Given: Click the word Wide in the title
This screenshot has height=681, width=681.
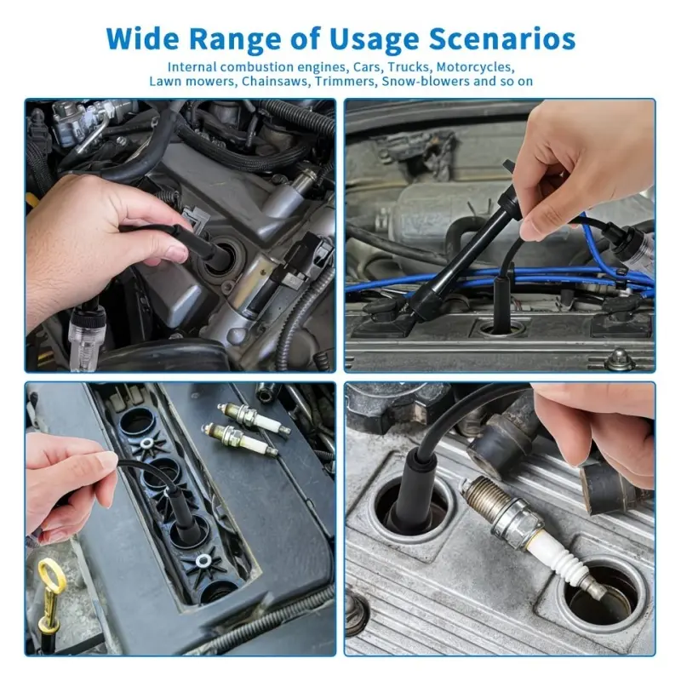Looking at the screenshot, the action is (142, 38).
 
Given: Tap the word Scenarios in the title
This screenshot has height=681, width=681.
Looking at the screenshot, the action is (502, 38).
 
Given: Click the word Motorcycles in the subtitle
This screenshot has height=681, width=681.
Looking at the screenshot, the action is (476, 67).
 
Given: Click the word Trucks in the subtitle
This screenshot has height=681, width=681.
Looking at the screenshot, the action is (409, 67).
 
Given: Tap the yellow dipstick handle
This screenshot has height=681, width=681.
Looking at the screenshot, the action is (51, 595).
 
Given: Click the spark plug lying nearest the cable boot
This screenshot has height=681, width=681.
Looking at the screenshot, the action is (240, 438).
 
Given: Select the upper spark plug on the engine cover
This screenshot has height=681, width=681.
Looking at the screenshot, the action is (254, 418).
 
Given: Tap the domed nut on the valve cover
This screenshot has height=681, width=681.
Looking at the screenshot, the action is (620, 358).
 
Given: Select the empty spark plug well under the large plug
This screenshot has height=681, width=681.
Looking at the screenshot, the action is (603, 596).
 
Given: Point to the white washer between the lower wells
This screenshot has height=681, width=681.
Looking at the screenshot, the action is (203, 561).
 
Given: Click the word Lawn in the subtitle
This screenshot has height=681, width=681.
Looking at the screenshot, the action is (163, 81).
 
